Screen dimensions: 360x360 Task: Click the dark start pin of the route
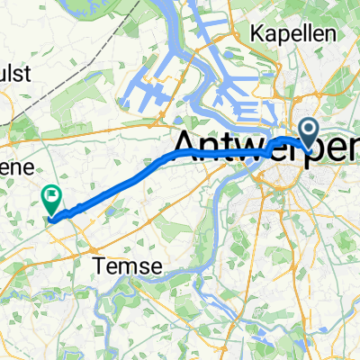(308, 133)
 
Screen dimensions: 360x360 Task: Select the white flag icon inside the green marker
(50, 193)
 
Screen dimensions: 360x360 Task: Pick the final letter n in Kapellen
(333, 34)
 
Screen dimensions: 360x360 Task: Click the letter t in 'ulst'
(31, 76)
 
